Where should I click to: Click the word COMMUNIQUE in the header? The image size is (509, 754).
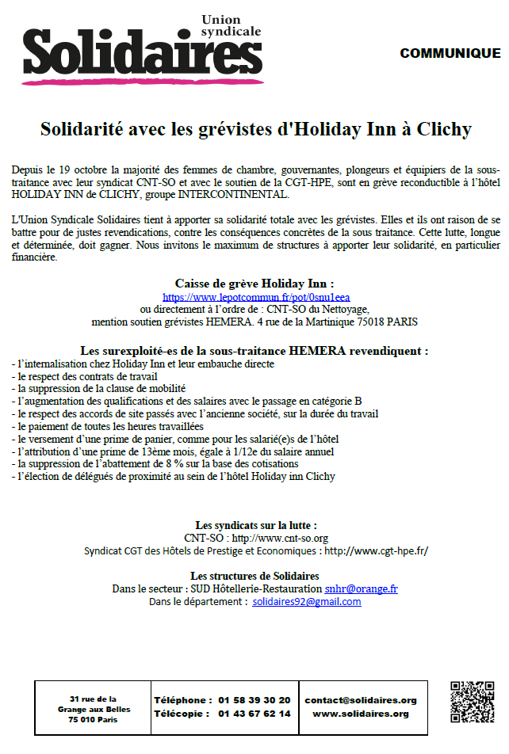pos(450,54)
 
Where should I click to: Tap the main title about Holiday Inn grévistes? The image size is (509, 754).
pos(255,129)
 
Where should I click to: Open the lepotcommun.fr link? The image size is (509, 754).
pos(255,297)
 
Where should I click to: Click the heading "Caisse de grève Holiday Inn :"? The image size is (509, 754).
pos(254,284)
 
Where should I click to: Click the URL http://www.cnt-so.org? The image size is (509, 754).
pos(279,538)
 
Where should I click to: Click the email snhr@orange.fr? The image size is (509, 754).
pos(361,589)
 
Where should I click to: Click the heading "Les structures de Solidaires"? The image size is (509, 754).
pos(254,576)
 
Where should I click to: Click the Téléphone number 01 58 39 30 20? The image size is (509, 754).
pos(254,700)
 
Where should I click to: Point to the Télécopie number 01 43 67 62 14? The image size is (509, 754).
pos(254,714)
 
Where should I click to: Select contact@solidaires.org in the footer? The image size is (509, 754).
pos(361,700)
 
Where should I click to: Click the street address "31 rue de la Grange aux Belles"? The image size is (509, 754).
pos(94,704)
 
